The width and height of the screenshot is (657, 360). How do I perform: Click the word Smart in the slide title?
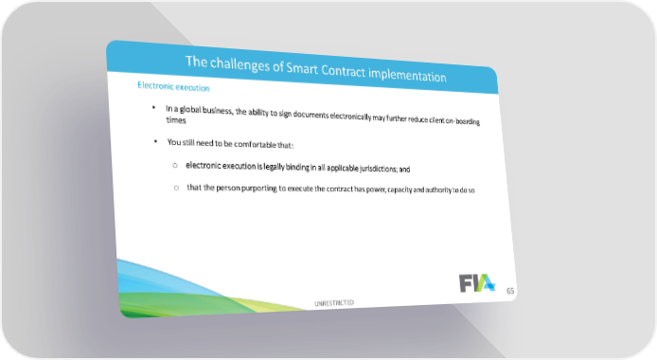pos(302,68)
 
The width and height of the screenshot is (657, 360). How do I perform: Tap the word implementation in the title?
pos(407,75)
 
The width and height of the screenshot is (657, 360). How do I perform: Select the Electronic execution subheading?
pos(173,86)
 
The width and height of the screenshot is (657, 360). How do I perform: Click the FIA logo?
pos(477,283)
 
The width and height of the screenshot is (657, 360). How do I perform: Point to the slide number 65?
pos(510,291)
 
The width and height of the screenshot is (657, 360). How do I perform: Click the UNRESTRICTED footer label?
pos(334,303)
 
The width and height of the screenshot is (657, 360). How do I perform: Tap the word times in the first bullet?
pos(176,120)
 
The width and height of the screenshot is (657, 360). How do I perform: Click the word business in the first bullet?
pos(218,111)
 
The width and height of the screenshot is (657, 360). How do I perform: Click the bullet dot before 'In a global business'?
pos(153,108)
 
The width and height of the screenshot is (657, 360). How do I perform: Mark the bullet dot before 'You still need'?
pos(155,141)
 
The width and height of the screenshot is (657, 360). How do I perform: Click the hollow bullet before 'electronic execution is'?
pos(175,166)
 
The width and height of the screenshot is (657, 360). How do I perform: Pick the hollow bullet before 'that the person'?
pos(176,188)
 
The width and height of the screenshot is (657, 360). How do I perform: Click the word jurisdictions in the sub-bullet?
pos(379,169)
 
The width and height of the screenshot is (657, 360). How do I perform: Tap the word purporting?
pos(259,189)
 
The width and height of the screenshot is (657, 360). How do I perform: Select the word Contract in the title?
pos(344,71)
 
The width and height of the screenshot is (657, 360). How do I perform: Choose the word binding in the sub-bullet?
pos(297,168)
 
